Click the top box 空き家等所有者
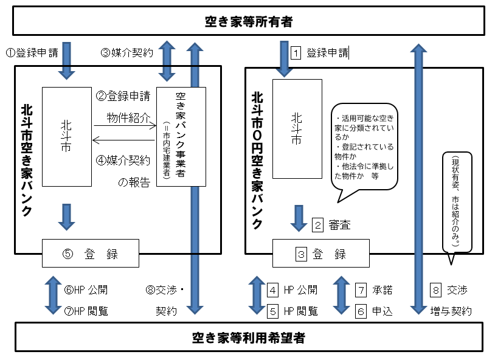pos(247,22)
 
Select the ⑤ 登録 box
pos(91,252)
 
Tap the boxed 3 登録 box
pos(320,253)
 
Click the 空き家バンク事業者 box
pos(181,136)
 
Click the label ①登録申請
pos(32,52)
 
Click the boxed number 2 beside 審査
pos(317,225)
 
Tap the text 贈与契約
pos(451,311)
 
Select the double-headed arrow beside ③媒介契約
pos(167,61)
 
